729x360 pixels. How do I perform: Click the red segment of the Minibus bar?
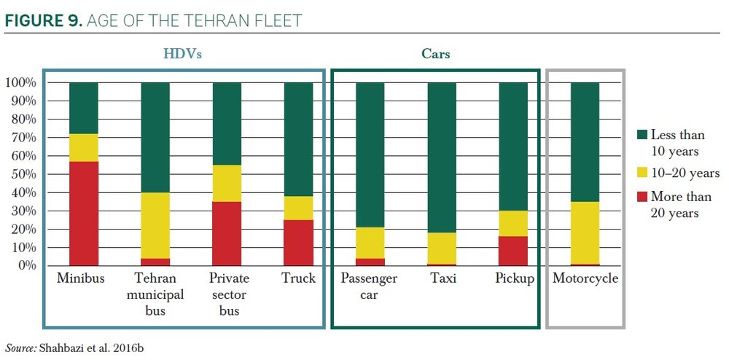coord(84,213)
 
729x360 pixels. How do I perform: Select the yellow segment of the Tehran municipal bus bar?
coord(155,225)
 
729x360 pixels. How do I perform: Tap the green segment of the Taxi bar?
coord(442,157)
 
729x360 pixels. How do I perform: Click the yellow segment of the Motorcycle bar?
coord(585,232)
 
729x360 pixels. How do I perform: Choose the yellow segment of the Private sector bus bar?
coord(227,183)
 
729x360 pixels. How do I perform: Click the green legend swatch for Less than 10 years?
coord(642,135)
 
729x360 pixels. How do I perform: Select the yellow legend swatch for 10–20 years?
coord(642,173)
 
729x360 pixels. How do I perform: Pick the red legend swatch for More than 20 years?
coord(642,197)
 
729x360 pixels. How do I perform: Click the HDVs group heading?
coord(182,54)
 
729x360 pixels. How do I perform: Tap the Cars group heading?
coord(435,54)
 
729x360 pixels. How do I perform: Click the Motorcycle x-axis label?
coord(585,279)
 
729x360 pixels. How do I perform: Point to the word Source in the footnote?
coord(20,348)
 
